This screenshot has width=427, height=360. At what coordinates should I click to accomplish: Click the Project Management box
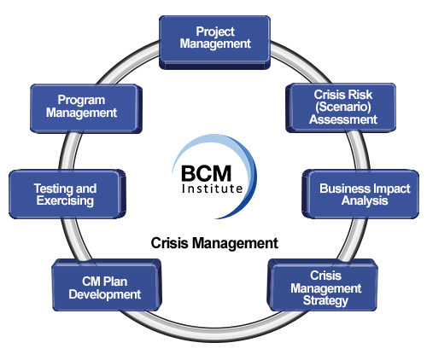pyautogui.click(x=214, y=42)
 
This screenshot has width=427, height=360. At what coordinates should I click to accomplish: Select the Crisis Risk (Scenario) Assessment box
pyautogui.click(x=341, y=107)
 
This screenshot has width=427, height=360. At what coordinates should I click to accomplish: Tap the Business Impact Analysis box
pyautogui.click(x=360, y=195)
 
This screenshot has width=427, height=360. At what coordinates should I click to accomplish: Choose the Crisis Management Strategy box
pyautogui.click(x=323, y=285)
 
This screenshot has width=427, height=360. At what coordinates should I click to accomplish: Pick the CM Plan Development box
pyautogui.click(x=107, y=285)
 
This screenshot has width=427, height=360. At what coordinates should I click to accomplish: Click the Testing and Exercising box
pyautogui.click(x=67, y=195)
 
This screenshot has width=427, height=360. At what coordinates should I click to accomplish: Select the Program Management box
pyautogui.click(x=86, y=108)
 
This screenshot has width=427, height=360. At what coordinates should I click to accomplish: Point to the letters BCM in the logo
pyautogui.click(x=206, y=173)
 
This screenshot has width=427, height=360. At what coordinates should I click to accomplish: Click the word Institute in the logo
pyautogui.click(x=212, y=189)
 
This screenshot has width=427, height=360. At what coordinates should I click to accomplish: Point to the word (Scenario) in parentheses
pyautogui.click(x=343, y=107)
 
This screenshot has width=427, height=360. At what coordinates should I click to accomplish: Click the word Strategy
pyautogui.click(x=325, y=301)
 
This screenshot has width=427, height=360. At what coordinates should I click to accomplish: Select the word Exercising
pyautogui.click(x=65, y=200)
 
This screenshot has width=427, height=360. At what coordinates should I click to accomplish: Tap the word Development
pyautogui.click(x=105, y=294)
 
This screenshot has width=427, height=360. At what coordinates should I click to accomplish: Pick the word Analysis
pyautogui.click(x=365, y=200)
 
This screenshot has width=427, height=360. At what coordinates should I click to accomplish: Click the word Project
pyautogui.click(x=215, y=32)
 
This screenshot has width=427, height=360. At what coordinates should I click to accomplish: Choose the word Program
pyautogui.click(x=81, y=101)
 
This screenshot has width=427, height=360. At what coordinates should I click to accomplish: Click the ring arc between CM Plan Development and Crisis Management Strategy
pyautogui.click(x=214, y=333)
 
